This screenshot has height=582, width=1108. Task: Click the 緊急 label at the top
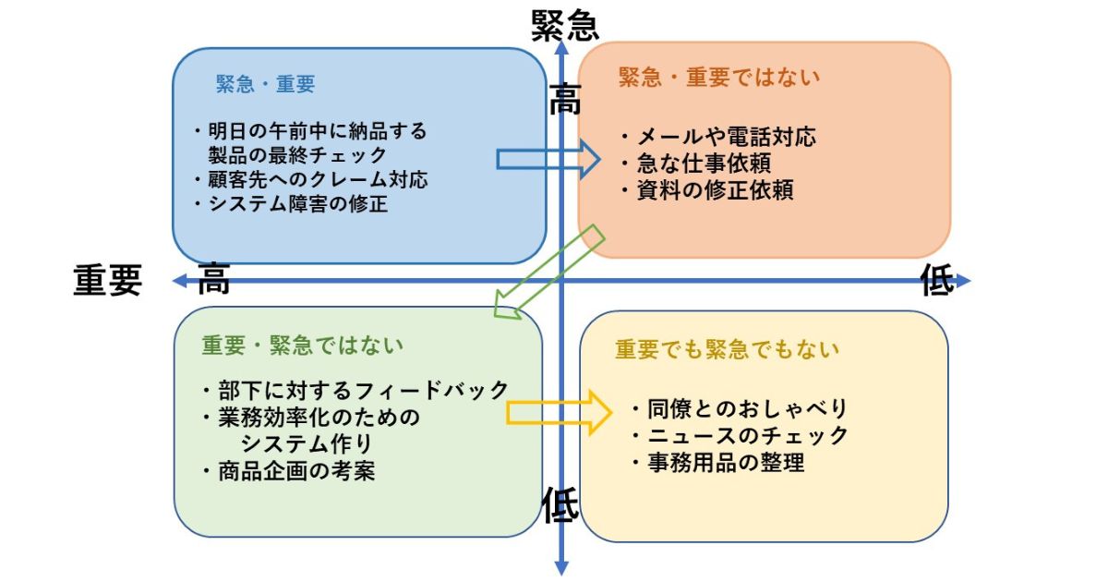click(x=565, y=26)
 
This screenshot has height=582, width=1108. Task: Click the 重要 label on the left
click(x=108, y=280)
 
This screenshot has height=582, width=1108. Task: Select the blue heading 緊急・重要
click(x=266, y=84)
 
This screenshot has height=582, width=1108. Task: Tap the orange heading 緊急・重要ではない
click(x=719, y=78)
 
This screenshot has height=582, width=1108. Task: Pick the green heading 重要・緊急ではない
click(x=303, y=346)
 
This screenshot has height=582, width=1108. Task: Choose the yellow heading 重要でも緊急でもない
click(x=728, y=349)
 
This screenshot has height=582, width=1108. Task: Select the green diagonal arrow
click(x=548, y=273)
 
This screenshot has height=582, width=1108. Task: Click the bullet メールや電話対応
click(x=718, y=138)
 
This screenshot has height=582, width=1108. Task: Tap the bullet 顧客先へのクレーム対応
click(x=312, y=179)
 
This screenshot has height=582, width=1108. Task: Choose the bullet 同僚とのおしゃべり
click(x=741, y=408)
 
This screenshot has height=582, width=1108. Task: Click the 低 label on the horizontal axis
click(x=937, y=282)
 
